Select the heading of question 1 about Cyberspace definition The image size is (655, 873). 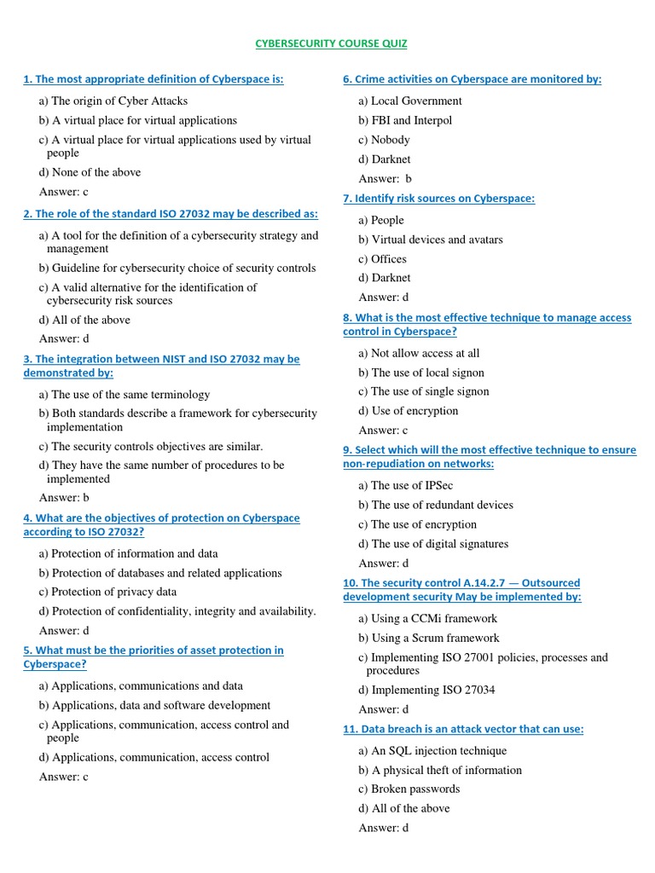pyautogui.click(x=154, y=79)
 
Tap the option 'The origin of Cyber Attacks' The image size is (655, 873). pyautogui.click(x=119, y=101)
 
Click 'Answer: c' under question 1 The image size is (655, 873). pyautogui.click(x=64, y=192)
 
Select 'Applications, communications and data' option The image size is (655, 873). pyautogui.click(x=141, y=685)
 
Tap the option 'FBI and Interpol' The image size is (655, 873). pyautogui.click(x=405, y=120)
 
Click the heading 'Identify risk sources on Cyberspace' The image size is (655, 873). pyautogui.click(x=438, y=199)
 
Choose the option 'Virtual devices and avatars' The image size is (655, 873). pyautogui.click(x=431, y=240)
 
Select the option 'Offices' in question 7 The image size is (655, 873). pyautogui.click(x=382, y=259)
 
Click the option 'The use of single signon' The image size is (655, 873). pyautogui.click(x=424, y=391)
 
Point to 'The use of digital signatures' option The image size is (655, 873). pyautogui.click(x=433, y=544)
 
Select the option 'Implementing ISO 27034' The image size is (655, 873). pyautogui.click(x=426, y=690)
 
